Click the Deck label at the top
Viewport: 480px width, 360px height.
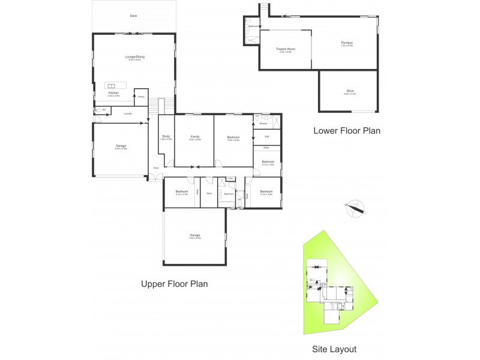(x=133, y=16)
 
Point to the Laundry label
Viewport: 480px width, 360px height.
(x=128, y=113)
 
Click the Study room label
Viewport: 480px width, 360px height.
(x=166, y=136)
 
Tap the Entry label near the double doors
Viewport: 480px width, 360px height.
(x=156, y=168)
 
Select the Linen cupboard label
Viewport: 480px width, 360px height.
(x=230, y=178)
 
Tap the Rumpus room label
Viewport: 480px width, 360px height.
(x=347, y=43)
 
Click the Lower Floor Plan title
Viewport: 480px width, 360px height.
(x=347, y=130)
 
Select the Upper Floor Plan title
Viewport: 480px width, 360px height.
(x=174, y=284)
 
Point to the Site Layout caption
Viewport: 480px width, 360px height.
(x=334, y=349)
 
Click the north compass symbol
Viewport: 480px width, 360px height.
(x=358, y=208)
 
